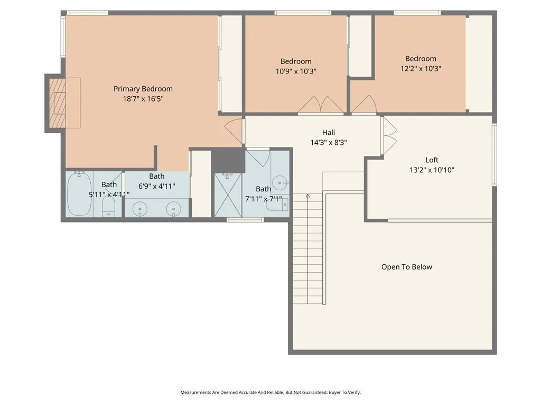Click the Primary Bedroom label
click(x=143, y=89)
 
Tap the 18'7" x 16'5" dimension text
click(x=143, y=99)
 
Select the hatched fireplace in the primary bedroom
click(x=57, y=103)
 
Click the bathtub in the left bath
click(x=79, y=194)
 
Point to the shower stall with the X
click(x=228, y=196)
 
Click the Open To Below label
click(x=407, y=267)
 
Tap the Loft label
click(x=432, y=160)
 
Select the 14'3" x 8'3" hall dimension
click(x=329, y=142)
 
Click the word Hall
click(x=329, y=132)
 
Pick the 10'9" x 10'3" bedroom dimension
click(x=296, y=71)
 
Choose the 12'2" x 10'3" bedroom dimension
click(x=421, y=69)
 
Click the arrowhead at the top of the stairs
click(x=308, y=196)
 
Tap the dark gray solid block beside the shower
click(x=228, y=160)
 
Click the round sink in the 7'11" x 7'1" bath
click(x=279, y=182)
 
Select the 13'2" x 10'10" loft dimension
click(x=432, y=170)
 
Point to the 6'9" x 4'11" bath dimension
click(x=156, y=186)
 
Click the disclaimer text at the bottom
click(x=270, y=393)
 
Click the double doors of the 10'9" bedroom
click(x=321, y=104)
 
